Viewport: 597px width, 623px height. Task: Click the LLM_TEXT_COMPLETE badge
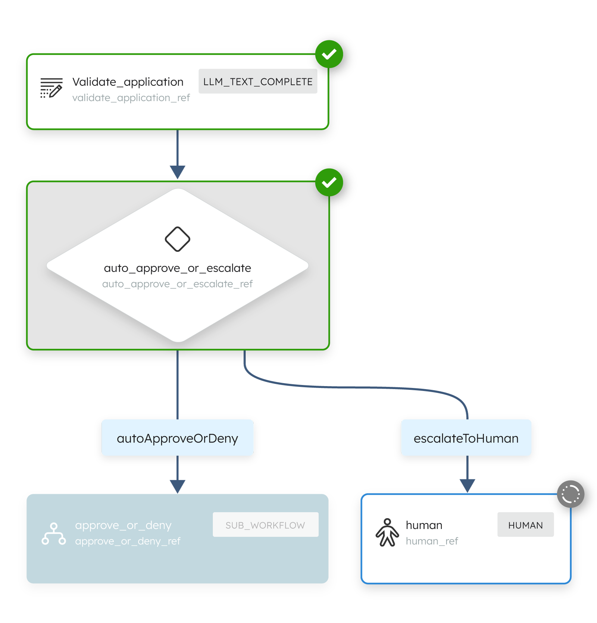coord(258,81)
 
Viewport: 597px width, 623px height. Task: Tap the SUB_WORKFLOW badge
coord(265,525)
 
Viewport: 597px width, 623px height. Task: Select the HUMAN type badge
coord(525,525)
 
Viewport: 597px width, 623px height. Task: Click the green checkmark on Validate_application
coord(329,54)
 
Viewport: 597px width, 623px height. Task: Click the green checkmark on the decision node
coord(329,182)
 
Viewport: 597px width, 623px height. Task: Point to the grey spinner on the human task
coord(571,494)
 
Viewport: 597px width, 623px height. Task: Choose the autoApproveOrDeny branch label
coord(178,438)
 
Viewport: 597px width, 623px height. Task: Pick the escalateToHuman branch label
coord(466,438)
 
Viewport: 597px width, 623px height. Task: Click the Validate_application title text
coord(128,82)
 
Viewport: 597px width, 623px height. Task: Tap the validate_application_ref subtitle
coord(131,98)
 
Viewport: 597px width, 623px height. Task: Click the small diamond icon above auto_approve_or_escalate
coord(178,239)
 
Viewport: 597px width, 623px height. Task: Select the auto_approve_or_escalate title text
coord(178,268)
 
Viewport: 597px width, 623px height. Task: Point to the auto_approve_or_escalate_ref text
coord(178,284)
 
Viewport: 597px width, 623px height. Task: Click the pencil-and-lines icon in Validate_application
coord(51,88)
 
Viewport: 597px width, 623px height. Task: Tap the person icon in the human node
coord(387,532)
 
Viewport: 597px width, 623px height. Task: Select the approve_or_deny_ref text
coord(128,541)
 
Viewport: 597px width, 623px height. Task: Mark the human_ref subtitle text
coord(432,541)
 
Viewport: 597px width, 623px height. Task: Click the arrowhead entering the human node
coord(467,486)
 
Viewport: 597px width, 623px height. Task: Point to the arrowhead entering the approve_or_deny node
coord(178,486)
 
